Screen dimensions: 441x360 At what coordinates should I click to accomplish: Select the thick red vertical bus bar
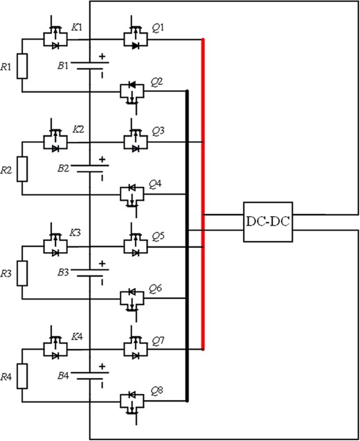203,194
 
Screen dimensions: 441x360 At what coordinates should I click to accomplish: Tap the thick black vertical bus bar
187,246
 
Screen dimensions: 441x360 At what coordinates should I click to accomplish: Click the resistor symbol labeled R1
22,67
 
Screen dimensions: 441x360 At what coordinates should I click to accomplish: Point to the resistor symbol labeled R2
22,168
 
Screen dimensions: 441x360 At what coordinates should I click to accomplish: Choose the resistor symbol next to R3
22,273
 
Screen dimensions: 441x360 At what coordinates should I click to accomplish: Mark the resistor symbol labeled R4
22,377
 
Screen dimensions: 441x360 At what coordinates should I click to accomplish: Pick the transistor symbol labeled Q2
132,91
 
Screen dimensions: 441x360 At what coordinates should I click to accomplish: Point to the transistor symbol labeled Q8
132,401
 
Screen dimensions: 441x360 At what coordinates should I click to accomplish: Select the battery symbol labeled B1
91,67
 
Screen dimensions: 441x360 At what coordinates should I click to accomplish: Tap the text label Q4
156,183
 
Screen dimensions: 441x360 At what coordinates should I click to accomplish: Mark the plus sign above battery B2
102,159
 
